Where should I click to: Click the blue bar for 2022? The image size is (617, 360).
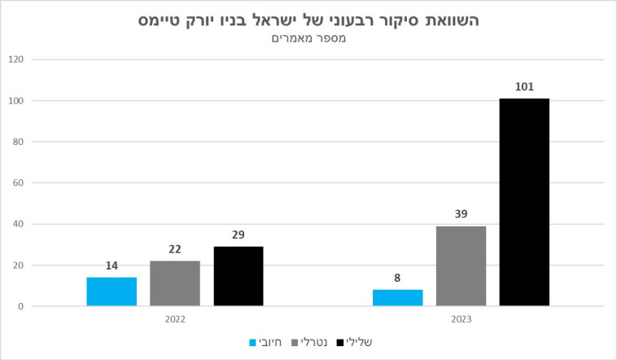112,292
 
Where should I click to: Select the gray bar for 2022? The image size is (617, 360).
174,283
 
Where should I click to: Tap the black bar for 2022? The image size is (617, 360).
238,276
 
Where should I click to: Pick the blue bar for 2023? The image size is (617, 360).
397,298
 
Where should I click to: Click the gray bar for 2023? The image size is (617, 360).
461,266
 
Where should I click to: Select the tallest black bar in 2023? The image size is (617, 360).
524,202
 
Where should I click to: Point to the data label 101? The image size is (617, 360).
524,86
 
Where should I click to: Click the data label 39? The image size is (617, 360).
461,214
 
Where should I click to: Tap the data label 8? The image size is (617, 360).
397,278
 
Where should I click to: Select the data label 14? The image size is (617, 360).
112,266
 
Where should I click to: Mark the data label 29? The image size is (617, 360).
238,235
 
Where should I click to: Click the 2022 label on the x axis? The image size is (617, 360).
174,319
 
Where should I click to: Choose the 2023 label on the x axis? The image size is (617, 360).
461,319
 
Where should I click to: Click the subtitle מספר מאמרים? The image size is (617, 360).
308,39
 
